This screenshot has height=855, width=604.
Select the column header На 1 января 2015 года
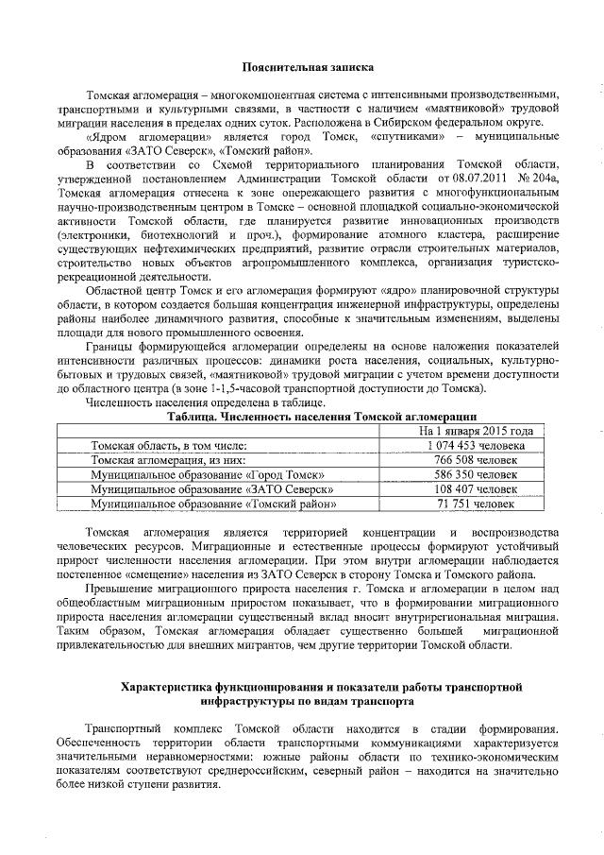[x=476, y=430]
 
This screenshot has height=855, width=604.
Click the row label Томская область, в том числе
[x=169, y=445]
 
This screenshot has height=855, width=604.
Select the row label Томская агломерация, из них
[x=167, y=460]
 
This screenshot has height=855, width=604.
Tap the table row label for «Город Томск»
[x=209, y=475]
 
